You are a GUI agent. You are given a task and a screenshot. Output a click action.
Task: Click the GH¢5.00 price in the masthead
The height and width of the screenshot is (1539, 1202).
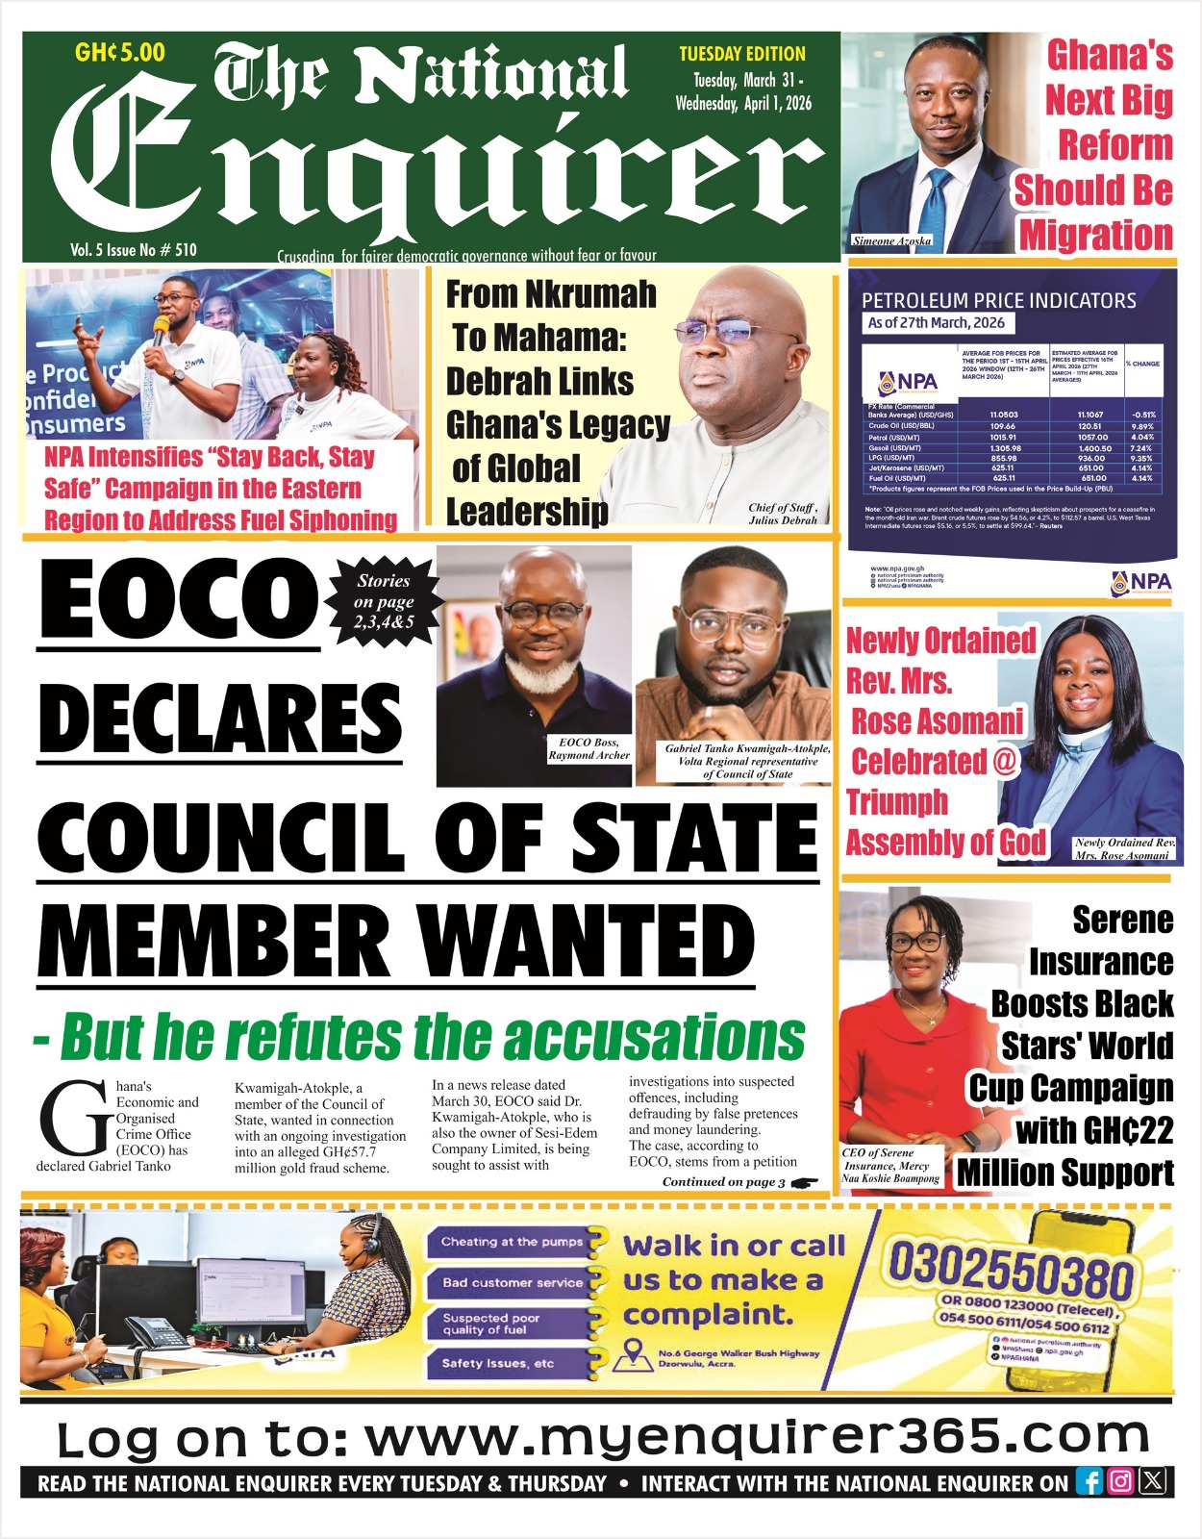coord(120,52)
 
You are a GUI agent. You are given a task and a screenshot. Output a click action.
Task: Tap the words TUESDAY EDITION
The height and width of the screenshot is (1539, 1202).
coord(742,54)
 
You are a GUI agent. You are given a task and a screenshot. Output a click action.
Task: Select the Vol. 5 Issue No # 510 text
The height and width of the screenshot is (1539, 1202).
coord(134,250)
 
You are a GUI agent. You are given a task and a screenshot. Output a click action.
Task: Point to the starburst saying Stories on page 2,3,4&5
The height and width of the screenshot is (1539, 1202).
coord(384,602)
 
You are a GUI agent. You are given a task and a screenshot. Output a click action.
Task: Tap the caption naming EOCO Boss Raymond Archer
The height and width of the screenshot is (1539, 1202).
coord(588,749)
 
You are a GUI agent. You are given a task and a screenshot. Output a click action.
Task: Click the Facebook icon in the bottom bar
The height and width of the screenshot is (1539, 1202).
coord(1089,1482)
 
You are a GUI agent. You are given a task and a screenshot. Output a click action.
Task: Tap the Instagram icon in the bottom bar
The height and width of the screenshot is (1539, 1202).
coord(1120,1482)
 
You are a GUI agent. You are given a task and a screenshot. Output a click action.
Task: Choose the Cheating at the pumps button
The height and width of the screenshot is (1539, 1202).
coord(513,1242)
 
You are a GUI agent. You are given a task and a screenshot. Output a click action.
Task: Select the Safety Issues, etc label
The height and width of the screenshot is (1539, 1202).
coord(498,1363)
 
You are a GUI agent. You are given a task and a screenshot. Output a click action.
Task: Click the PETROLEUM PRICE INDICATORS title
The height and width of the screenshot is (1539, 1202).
coord(998,300)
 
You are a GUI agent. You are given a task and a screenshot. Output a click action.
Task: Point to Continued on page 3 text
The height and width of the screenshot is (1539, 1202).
coord(724,1182)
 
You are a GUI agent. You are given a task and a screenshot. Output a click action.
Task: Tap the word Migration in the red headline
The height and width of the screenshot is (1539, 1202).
coord(1096,235)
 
